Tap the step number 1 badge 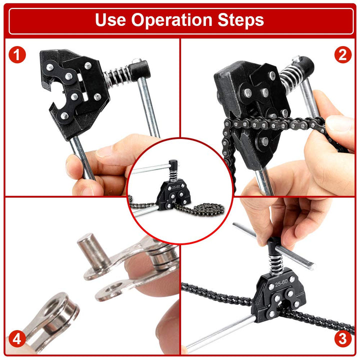17,55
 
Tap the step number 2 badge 342,55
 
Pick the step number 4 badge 17,339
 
